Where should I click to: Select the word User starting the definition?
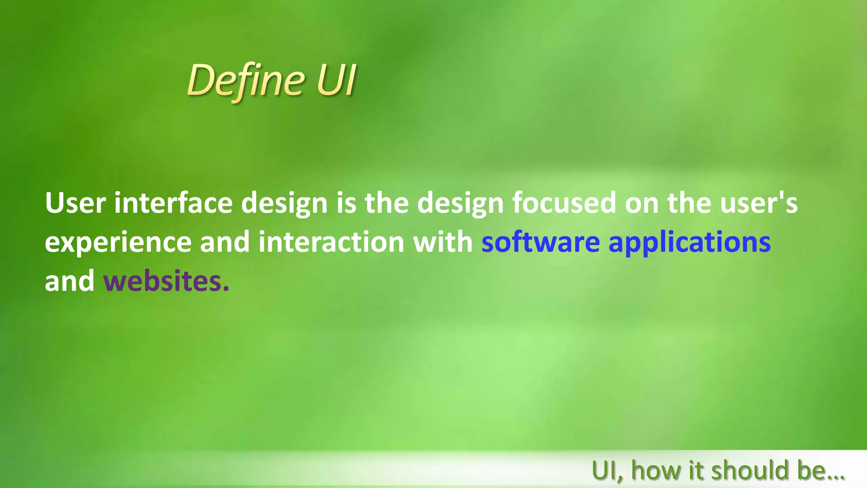pyautogui.click(x=75, y=203)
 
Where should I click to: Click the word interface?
pyautogui.click(x=173, y=203)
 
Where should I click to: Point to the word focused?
pyautogui.click(x=564, y=203)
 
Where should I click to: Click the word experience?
pyautogui.click(x=118, y=242)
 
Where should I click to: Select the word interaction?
pyautogui.click(x=331, y=242)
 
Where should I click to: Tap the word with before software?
pyautogui.click(x=443, y=242)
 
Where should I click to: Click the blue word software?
pyautogui.click(x=541, y=242)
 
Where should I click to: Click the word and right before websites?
pyautogui.click(x=69, y=281)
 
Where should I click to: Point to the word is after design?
pyautogui.click(x=346, y=203)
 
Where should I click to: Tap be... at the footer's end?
pyautogui.click(x=821, y=471)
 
